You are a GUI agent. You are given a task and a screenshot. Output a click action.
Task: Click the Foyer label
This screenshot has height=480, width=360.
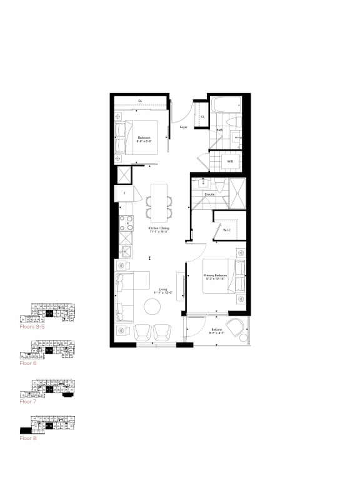click(x=183, y=127)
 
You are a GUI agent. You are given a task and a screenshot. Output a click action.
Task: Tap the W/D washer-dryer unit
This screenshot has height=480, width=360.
click(x=230, y=161)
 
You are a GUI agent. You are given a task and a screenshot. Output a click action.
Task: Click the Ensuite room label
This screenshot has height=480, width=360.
click(x=210, y=194)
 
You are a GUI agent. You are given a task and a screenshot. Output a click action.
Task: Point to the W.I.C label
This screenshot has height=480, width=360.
click(x=226, y=229)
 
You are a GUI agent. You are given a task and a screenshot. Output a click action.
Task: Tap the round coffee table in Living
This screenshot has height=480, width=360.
click(x=153, y=306)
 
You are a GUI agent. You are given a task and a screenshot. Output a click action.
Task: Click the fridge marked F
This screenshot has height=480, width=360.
click(x=124, y=194)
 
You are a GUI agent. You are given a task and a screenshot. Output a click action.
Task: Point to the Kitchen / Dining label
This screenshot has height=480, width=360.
click(x=158, y=229)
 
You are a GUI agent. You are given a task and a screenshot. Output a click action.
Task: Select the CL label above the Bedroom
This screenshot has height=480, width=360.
click(x=140, y=100)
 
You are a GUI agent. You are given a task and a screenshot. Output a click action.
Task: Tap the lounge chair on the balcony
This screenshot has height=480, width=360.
click(x=236, y=327)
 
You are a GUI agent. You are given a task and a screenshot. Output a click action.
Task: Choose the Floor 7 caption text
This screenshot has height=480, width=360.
click(x=26, y=401)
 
